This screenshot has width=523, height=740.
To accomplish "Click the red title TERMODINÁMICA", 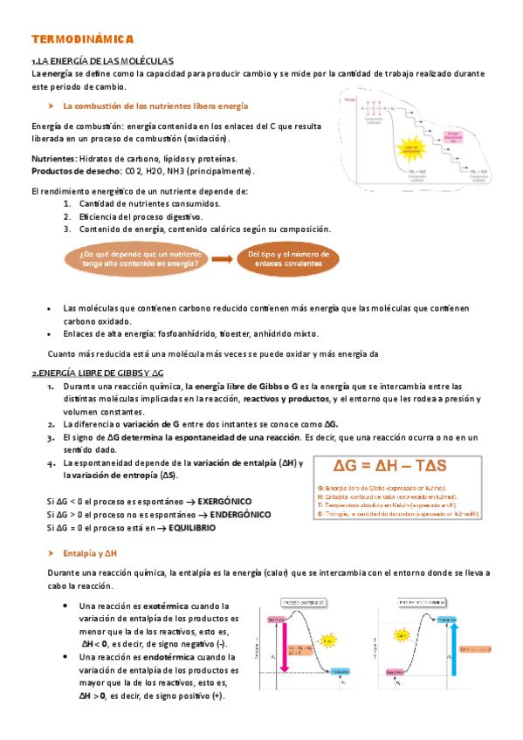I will tap(81, 40).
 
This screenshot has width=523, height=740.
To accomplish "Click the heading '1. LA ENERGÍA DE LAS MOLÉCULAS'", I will tap(102, 61).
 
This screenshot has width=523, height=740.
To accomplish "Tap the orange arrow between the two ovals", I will tap(224, 258).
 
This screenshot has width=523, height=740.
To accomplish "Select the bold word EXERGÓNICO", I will tap(224, 502).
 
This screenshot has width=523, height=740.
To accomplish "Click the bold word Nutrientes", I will tap(53, 159).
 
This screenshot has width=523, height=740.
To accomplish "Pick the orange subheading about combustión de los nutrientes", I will tap(155, 106).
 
